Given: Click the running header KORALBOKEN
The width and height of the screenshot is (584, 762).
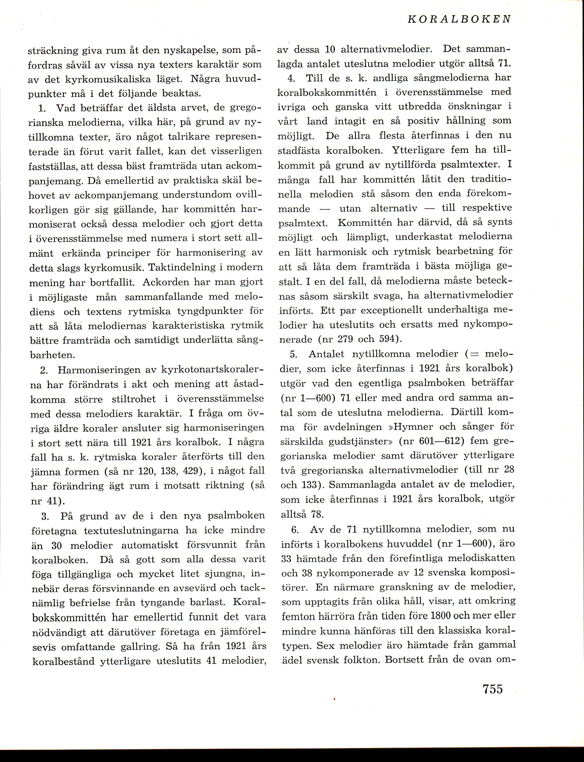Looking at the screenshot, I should click(459, 19).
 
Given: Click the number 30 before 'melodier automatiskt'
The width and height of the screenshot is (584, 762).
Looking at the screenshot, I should click(56, 546).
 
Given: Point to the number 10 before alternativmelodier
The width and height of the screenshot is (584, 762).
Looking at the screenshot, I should click(330, 50).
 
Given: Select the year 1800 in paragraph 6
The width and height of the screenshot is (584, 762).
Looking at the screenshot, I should click(441, 616).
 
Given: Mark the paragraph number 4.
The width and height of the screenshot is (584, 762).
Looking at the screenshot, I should click(291, 79).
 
